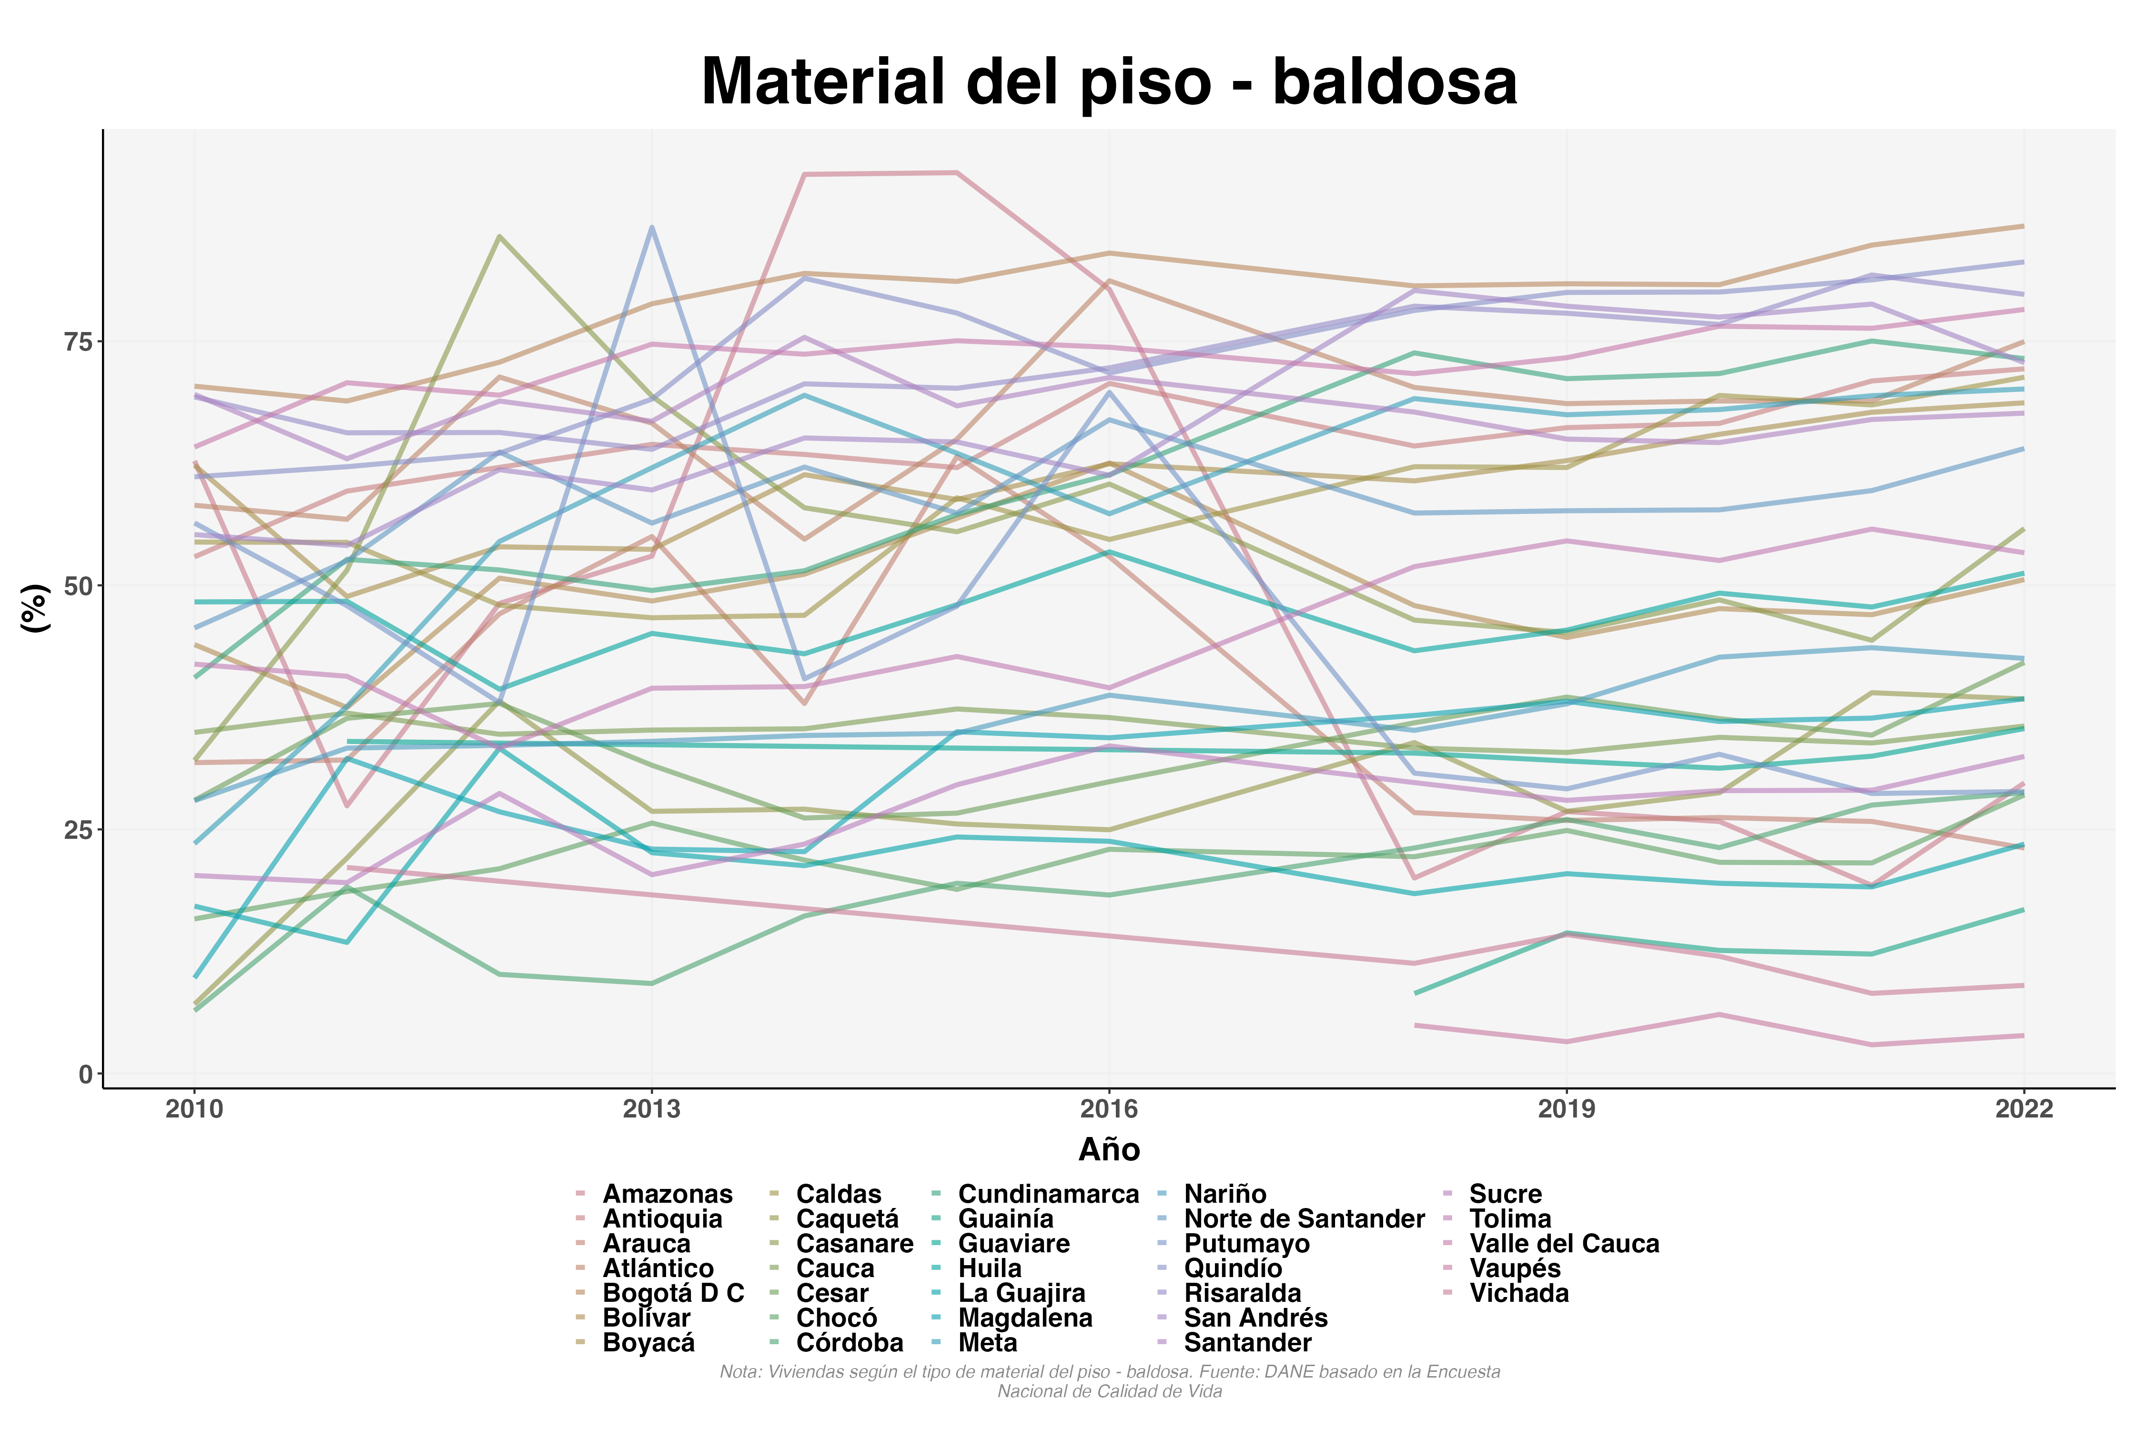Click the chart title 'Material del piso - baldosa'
click(1109, 82)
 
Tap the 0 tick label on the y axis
click(87, 1075)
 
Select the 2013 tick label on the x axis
click(651, 1109)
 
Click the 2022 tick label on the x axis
click(2023, 1109)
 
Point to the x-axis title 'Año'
click(1109, 1150)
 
